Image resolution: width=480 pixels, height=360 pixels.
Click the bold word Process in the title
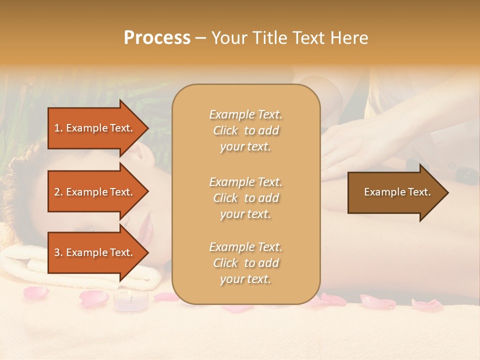coord(157,38)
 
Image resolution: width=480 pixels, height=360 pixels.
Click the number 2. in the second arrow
coord(58,192)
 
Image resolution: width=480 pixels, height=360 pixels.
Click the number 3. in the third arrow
coord(58,252)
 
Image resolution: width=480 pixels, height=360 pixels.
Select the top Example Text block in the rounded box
coord(245,130)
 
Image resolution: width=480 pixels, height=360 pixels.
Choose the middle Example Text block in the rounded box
coord(245,198)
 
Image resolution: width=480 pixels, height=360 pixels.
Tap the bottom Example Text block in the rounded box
coord(245,263)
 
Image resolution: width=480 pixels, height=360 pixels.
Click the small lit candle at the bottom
coord(131,301)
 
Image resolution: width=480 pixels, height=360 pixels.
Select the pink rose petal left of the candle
coord(93,298)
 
